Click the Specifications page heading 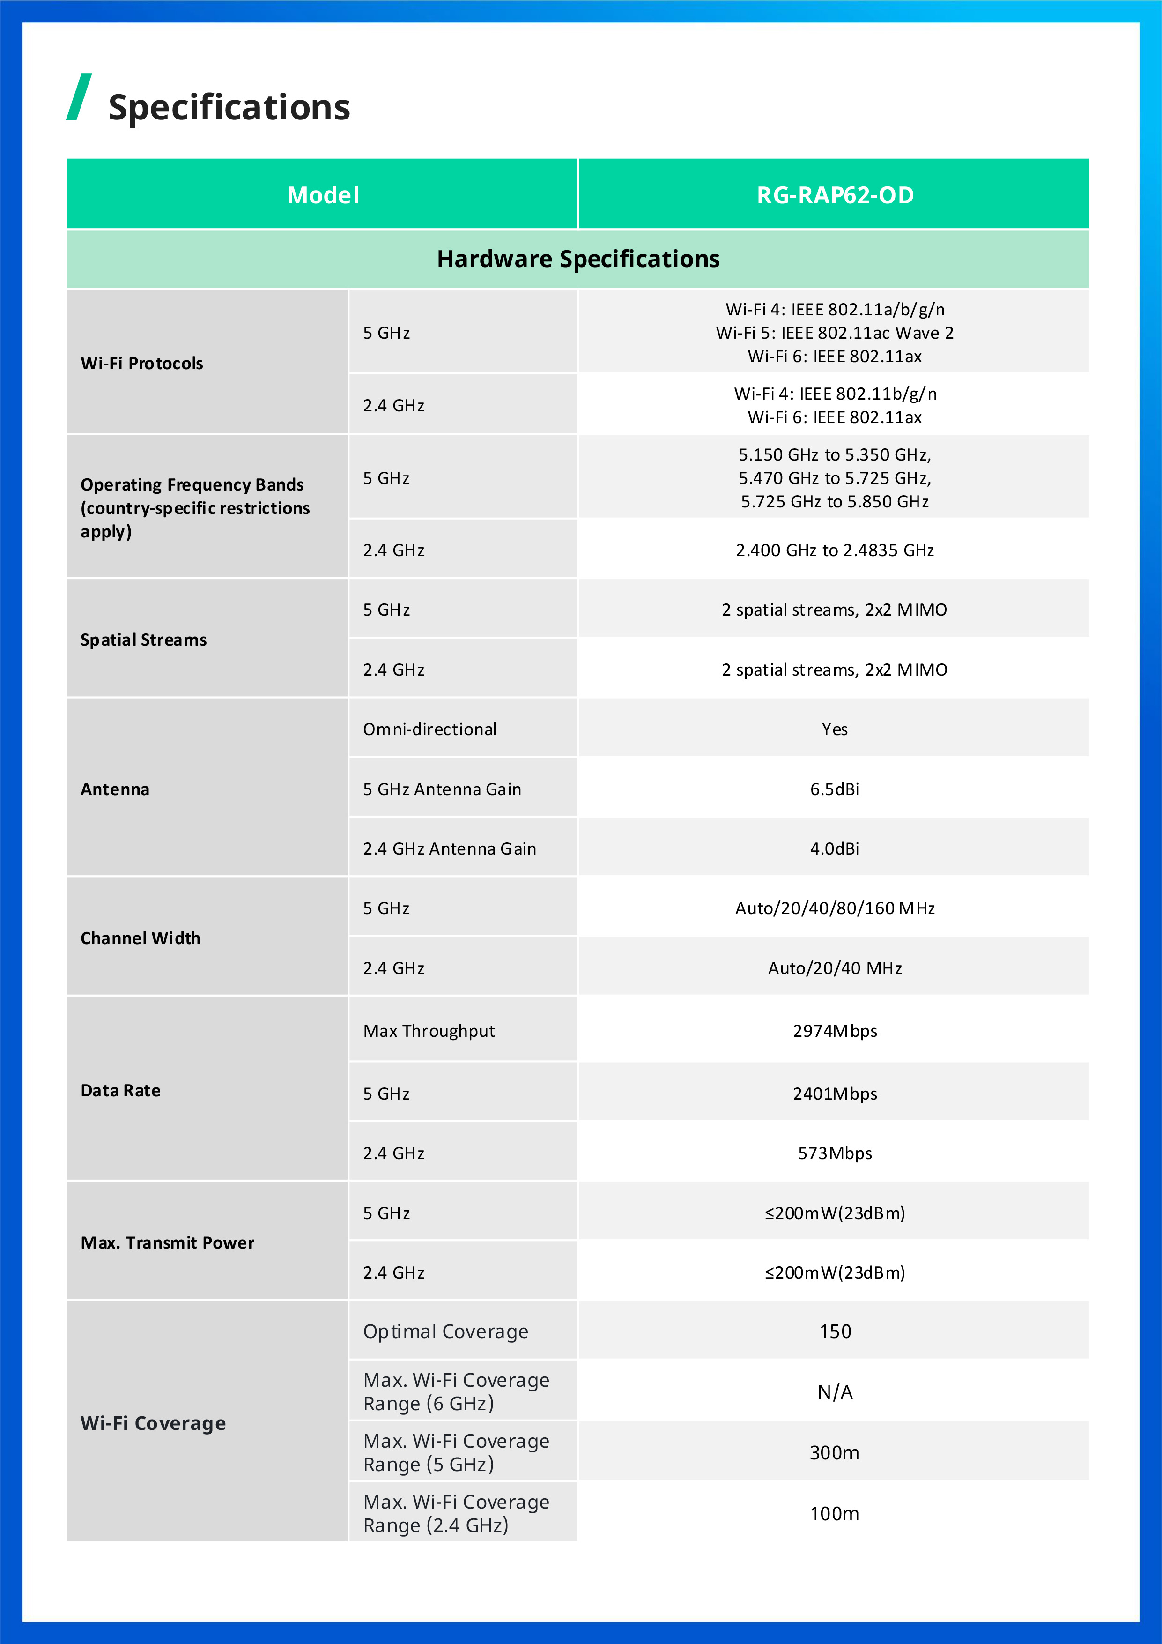pos(229,107)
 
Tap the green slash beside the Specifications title pos(79,97)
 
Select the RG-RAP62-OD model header pos(835,195)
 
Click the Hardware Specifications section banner pos(578,259)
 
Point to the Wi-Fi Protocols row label pos(142,363)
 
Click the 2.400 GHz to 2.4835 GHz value pos(835,550)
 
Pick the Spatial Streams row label pos(143,640)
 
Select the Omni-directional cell pos(429,729)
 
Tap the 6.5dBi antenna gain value pos(835,789)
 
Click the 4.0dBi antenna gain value pos(835,848)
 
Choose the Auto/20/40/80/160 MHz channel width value pos(835,908)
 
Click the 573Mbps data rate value pos(835,1153)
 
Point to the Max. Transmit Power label pos(167,1242)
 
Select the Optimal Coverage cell pos(445,1331)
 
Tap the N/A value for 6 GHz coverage pos(835,1391)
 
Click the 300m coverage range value pos(835,1452)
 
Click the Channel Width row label pos(141,938)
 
